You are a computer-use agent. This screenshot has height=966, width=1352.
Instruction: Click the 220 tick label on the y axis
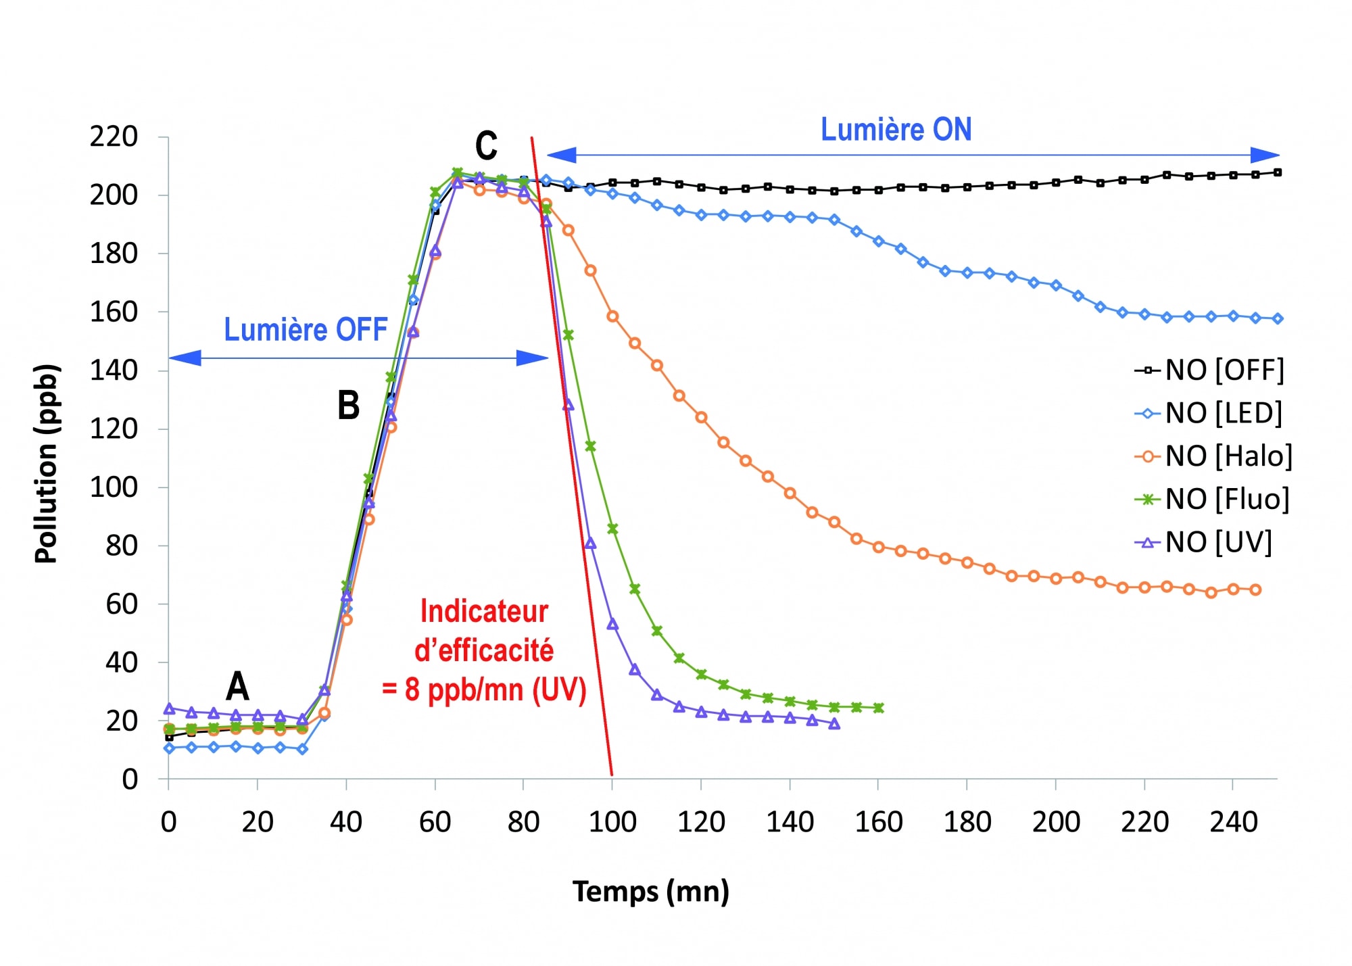click(114, 137)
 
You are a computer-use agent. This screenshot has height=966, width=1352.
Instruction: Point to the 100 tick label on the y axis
click(114, 487)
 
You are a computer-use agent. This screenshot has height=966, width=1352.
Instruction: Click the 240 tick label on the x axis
click(1233, 822)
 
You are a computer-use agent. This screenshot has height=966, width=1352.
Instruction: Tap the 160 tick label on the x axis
click(878, 822)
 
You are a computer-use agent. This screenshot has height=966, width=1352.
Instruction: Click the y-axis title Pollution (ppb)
click(47, 464)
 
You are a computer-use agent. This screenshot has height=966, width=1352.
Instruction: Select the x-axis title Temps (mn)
click(650, 892)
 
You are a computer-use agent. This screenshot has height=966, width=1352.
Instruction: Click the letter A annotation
click(237, 687)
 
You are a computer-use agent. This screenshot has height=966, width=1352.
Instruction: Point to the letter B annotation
click(348, 406)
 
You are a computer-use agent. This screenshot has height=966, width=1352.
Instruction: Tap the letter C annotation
click(486, 145)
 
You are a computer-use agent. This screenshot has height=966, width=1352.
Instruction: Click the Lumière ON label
click(896, 130)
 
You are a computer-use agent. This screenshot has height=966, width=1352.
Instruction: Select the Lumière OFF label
click(306, 330)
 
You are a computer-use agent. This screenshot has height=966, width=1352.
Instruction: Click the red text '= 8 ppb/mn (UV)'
click(484, 690)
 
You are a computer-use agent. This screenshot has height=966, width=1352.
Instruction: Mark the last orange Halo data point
click(1255, 589)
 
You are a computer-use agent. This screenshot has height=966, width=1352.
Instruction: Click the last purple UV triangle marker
click(834, 724)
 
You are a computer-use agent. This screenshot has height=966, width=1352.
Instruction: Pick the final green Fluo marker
click(878, 708)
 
